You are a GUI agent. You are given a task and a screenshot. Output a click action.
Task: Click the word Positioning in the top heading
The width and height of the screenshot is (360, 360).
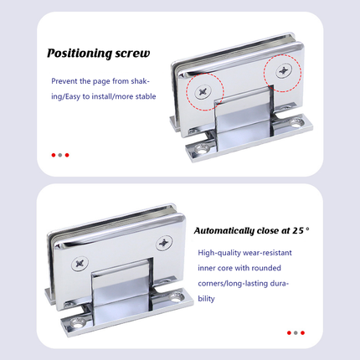(x=79, y=53)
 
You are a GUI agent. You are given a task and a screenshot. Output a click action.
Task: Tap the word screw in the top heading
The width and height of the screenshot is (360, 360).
(x=132, y=53)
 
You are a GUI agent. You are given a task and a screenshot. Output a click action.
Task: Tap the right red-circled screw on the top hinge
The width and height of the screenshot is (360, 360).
(x=284, y=71)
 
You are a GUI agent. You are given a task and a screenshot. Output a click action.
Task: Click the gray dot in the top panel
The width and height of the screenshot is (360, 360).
(x=60, y=155)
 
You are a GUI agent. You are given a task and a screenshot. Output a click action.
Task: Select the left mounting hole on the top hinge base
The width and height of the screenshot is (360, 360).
(x=202, y=150)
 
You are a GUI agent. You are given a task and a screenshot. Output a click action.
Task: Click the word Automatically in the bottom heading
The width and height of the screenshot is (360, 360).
(x=224, y=231)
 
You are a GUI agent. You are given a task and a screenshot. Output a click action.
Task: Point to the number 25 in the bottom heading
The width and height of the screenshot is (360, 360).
(x=298, y=230)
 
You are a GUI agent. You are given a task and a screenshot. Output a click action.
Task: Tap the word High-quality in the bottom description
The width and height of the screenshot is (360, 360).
(x=219, y=253)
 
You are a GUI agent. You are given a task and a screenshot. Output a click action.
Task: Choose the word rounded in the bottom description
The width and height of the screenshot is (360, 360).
(x=266, y=268)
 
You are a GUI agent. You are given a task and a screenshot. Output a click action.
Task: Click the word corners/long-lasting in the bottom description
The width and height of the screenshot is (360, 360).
(x=233, y=284)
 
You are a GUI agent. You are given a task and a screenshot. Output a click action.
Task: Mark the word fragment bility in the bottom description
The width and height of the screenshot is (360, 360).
(x=206, y=299)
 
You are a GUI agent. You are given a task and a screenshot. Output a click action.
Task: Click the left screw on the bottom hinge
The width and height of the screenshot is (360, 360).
(x=80, y=263)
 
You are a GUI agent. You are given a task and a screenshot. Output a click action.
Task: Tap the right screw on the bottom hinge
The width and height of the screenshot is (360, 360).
(x=164, y=243)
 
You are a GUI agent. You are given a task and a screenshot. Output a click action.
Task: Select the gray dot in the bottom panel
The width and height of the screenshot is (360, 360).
(x=296, y=332)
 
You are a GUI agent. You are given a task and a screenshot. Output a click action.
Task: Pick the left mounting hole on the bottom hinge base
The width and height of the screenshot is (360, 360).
(x=76, y=324)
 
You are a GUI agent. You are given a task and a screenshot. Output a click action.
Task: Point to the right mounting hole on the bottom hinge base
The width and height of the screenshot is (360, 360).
(x=175, y=297)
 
